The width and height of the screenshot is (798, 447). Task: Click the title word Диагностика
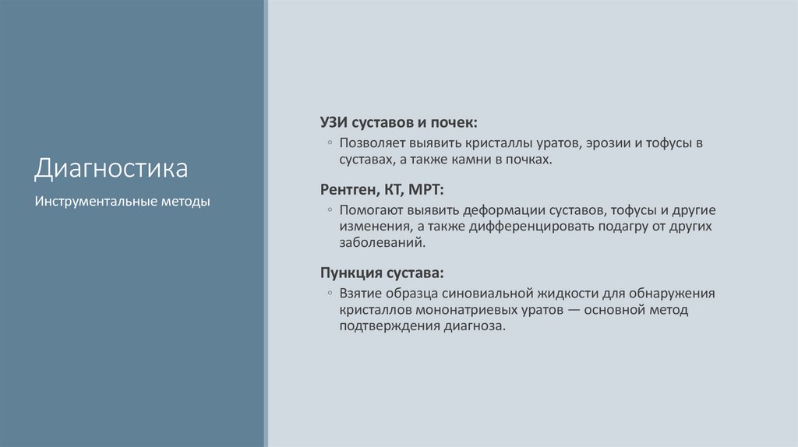(111, 169)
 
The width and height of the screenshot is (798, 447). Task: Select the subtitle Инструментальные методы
(122, 202)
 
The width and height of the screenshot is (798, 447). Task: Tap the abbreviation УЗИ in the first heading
(334, 122)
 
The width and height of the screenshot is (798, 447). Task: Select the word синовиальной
(485, 294)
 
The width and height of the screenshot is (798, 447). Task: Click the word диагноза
(475, 326)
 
